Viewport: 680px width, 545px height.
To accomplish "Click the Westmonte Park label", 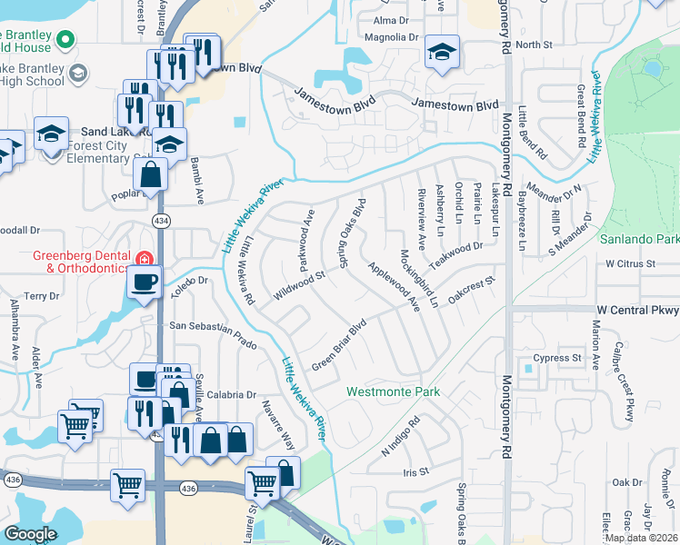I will click(x=393, y=391).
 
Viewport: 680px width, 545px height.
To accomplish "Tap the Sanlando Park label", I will click(x=639, y=240).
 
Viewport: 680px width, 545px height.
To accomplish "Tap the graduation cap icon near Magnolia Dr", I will click(x=442, y=53).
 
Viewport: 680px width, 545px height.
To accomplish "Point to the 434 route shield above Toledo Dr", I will click(x=160, y=221).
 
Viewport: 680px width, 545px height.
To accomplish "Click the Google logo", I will click(x=31, y=533).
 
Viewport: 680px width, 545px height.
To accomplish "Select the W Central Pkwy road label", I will click(x=637, y=310).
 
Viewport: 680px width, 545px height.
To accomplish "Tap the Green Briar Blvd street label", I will click(x=339, y=344).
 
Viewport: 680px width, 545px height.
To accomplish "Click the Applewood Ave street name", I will click(x=394, y=286).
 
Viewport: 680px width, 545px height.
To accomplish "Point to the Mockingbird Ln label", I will click(x=420, y=277).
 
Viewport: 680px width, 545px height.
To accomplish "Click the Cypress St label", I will click(x=557, y=358).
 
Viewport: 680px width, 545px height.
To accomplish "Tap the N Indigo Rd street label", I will click(x=402, y=435).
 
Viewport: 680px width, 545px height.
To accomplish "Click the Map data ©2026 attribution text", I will click(x=641, y=538).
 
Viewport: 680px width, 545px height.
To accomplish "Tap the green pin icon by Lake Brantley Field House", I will click(x=65, y=39).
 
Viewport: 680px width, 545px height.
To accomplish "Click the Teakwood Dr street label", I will click(x=456, y=248).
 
